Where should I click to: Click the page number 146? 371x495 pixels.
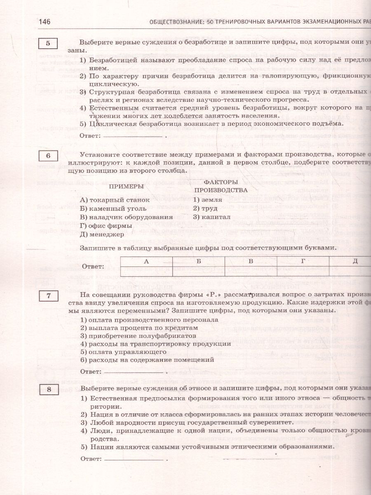coord(44,22)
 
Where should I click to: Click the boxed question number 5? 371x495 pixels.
coord(48,43)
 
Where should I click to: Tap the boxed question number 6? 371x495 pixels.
coord(48,156)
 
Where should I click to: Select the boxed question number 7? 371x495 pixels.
coord(48,295)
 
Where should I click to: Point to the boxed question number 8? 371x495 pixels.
coord(48,389)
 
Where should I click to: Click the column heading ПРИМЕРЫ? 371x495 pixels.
coord(126,186)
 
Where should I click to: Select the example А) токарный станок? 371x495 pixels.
coord(109,200)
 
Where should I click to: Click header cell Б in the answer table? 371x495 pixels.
coord(199,262)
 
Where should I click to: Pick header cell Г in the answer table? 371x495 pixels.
coord(303,262)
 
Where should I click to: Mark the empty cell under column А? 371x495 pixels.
coord(146,271)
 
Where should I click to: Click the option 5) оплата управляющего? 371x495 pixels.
coord(123,352)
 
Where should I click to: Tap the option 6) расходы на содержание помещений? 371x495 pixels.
coord(147,360)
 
